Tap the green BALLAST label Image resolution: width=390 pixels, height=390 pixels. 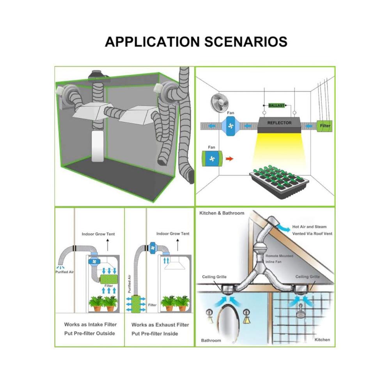(277, 105)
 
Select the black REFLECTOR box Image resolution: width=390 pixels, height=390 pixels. (279, 123)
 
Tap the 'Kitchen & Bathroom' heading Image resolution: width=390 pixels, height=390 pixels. (222, 213)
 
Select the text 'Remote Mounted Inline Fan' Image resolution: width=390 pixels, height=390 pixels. (279, 259)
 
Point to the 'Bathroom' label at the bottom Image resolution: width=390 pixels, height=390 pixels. (211, 340)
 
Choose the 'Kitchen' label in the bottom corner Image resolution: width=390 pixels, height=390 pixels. (322, 340)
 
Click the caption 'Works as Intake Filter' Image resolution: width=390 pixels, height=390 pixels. (90, 324)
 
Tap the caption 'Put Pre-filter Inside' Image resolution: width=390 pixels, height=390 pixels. (154, 333)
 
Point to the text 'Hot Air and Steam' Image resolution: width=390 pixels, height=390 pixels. (309, 227)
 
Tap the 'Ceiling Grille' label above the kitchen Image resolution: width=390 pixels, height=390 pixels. (307, 277)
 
